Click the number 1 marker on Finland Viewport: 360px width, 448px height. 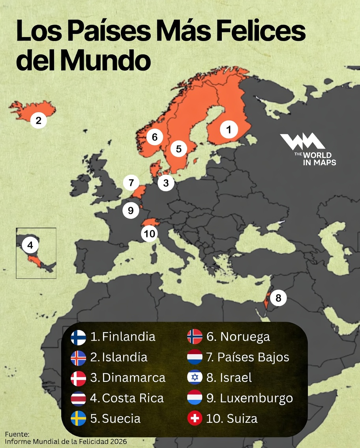[x=229, y=129]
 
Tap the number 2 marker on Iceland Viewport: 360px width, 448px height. [x=38, y=120]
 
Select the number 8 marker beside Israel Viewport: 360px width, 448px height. [x=278, y=298]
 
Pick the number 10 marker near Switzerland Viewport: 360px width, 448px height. [x=150, y=234]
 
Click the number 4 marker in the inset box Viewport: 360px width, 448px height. [x=30, y=246]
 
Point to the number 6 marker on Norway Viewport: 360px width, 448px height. [x=154, y=137]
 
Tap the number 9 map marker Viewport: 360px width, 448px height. [x=131, y=210]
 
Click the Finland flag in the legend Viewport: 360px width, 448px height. [x=78, y=337]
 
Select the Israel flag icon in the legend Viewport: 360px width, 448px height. [x=195, y=377]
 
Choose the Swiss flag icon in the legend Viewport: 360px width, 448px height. [x=195, y=418]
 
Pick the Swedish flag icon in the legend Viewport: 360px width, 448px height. [x=78, y=418]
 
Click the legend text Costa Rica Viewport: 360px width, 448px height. [x=133, y=398]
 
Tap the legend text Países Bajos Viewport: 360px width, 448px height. [x=253, y=357]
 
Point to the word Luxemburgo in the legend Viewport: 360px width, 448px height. [x=256, y=398]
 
